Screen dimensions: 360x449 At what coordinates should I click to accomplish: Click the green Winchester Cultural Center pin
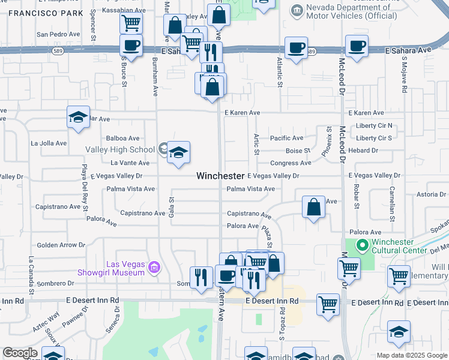pyautogui.click(x=361, y=245)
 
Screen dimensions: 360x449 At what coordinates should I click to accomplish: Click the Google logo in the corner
pyautogui.click(x=20, y=353)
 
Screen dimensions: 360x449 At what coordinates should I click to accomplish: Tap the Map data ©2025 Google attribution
pyautogui.click(x=412, y=355)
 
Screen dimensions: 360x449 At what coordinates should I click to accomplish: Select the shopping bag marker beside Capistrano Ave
pyautogui.click(x=313, y=208)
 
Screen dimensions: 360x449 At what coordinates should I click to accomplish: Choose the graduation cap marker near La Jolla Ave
pyautogui.click(x=78, y=118)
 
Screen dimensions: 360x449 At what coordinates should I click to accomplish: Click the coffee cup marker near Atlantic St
pyautogui.click(x=295, y=48)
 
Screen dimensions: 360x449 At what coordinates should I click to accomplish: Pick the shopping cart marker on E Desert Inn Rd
pyautogui.click(x=328, y=304)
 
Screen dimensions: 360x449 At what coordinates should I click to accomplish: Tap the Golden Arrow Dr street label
pyautogui.click(x=61, y=245)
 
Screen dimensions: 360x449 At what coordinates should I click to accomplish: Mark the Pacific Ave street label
pyautogui.click(x=286, y=138)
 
